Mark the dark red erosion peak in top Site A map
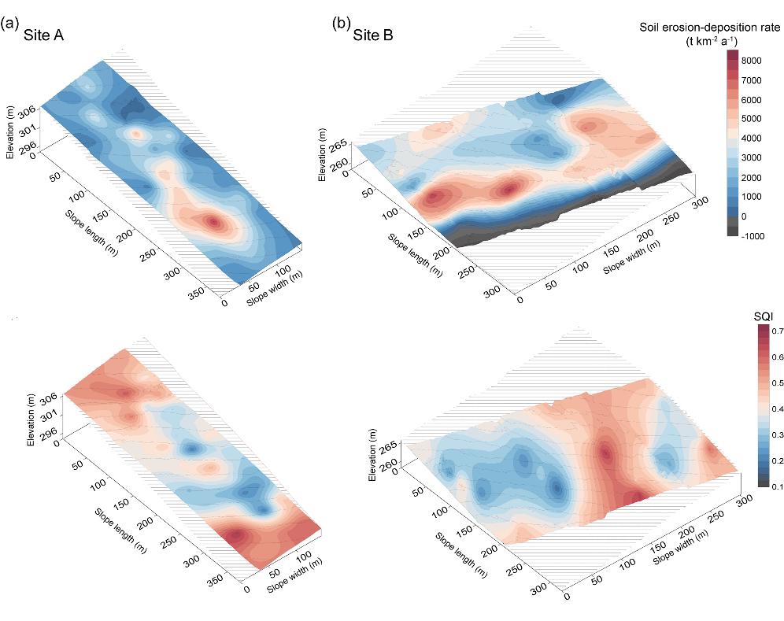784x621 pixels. pos(214,223)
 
